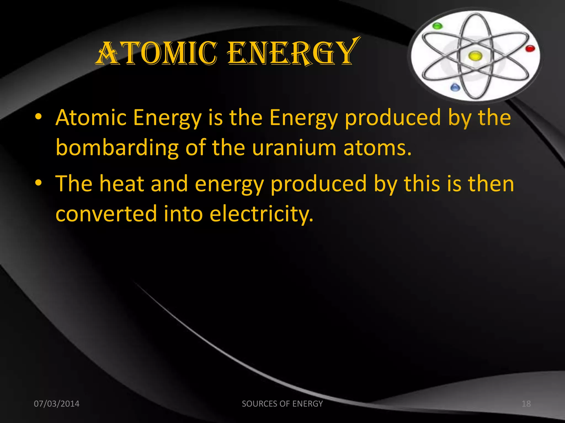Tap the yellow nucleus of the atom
[475, 56]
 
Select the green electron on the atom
[437, 26]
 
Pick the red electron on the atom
[530, 49]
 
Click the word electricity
[261, 214]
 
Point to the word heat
[122, 184]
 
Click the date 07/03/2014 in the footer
[57, 404]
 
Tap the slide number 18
[526, 404]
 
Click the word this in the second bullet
[422, 184]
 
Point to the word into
[183, 214]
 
